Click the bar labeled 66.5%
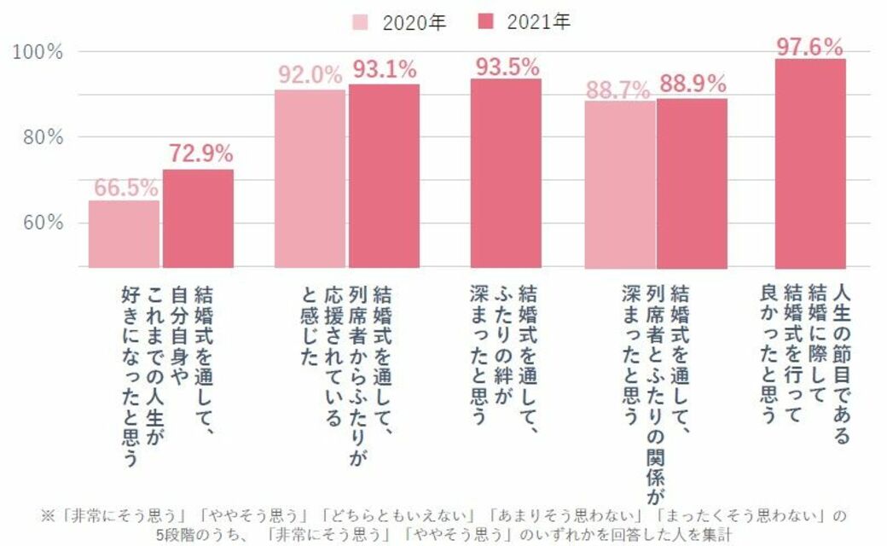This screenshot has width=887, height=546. tap(124, 234)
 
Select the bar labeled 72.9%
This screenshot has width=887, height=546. tap(198, 218)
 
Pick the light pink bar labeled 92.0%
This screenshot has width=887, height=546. tap(310, 178)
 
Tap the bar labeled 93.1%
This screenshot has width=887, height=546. tap(384, 176)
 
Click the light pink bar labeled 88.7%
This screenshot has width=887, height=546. tap(620, 184)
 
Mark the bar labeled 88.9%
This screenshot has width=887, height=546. tap(692, 183)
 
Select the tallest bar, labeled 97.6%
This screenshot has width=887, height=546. tap(809, 163)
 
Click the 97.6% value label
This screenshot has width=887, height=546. tap(809, 46)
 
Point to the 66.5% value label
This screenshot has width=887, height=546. tap(125, 189)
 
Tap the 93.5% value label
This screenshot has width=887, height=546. tap(506, 67)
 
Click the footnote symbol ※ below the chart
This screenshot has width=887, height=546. tap(48, 515)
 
